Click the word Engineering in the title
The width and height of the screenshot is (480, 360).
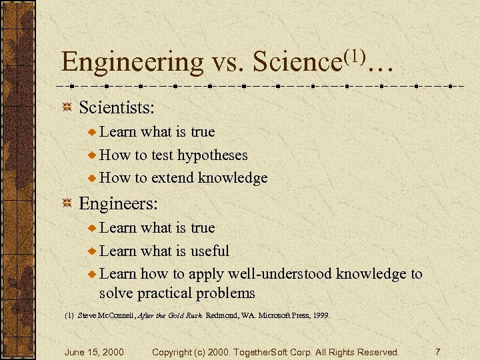[132, 62]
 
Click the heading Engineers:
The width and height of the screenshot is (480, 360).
[112, 203]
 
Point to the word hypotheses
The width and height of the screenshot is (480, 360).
[212, 155]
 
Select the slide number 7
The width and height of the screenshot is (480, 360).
[437, 351]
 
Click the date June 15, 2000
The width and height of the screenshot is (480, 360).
[93, 351]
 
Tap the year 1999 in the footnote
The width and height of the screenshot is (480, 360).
[319, 315]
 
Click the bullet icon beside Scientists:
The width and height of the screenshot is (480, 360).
[67, 107]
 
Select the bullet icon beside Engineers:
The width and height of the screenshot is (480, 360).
[67, 203]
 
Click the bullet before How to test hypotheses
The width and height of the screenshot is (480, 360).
[92, 155]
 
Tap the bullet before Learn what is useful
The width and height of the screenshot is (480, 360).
[92, 251]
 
